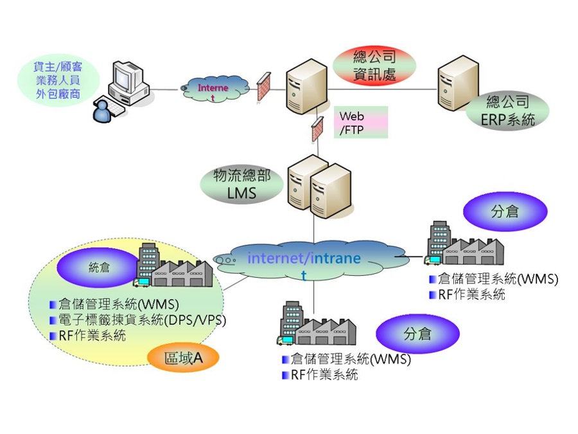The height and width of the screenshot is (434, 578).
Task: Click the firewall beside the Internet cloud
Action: [263, 87]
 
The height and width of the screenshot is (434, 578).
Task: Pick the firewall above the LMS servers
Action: [317, 129]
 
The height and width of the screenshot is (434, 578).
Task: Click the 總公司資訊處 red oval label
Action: [374, 66]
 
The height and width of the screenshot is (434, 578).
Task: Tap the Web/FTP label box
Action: [361, 122]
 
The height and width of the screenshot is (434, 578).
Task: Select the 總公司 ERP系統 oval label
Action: [507, 111]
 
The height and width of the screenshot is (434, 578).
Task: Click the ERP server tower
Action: [458, 83]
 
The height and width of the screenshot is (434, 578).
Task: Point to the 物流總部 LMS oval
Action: [242, 184]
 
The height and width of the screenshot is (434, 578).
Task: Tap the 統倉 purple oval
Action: [99, 267]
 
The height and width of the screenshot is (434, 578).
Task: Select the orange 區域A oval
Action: [183, 357]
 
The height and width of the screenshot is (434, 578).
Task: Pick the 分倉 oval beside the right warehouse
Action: [505, 212]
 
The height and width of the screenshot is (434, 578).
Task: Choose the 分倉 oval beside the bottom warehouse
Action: [417, 334]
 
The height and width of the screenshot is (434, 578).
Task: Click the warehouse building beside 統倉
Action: [173, 266]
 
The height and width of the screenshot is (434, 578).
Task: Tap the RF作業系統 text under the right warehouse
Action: [471, 294]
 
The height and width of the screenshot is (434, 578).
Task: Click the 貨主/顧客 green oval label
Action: [58, 80]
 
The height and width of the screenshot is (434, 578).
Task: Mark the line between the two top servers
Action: [382, 89]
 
